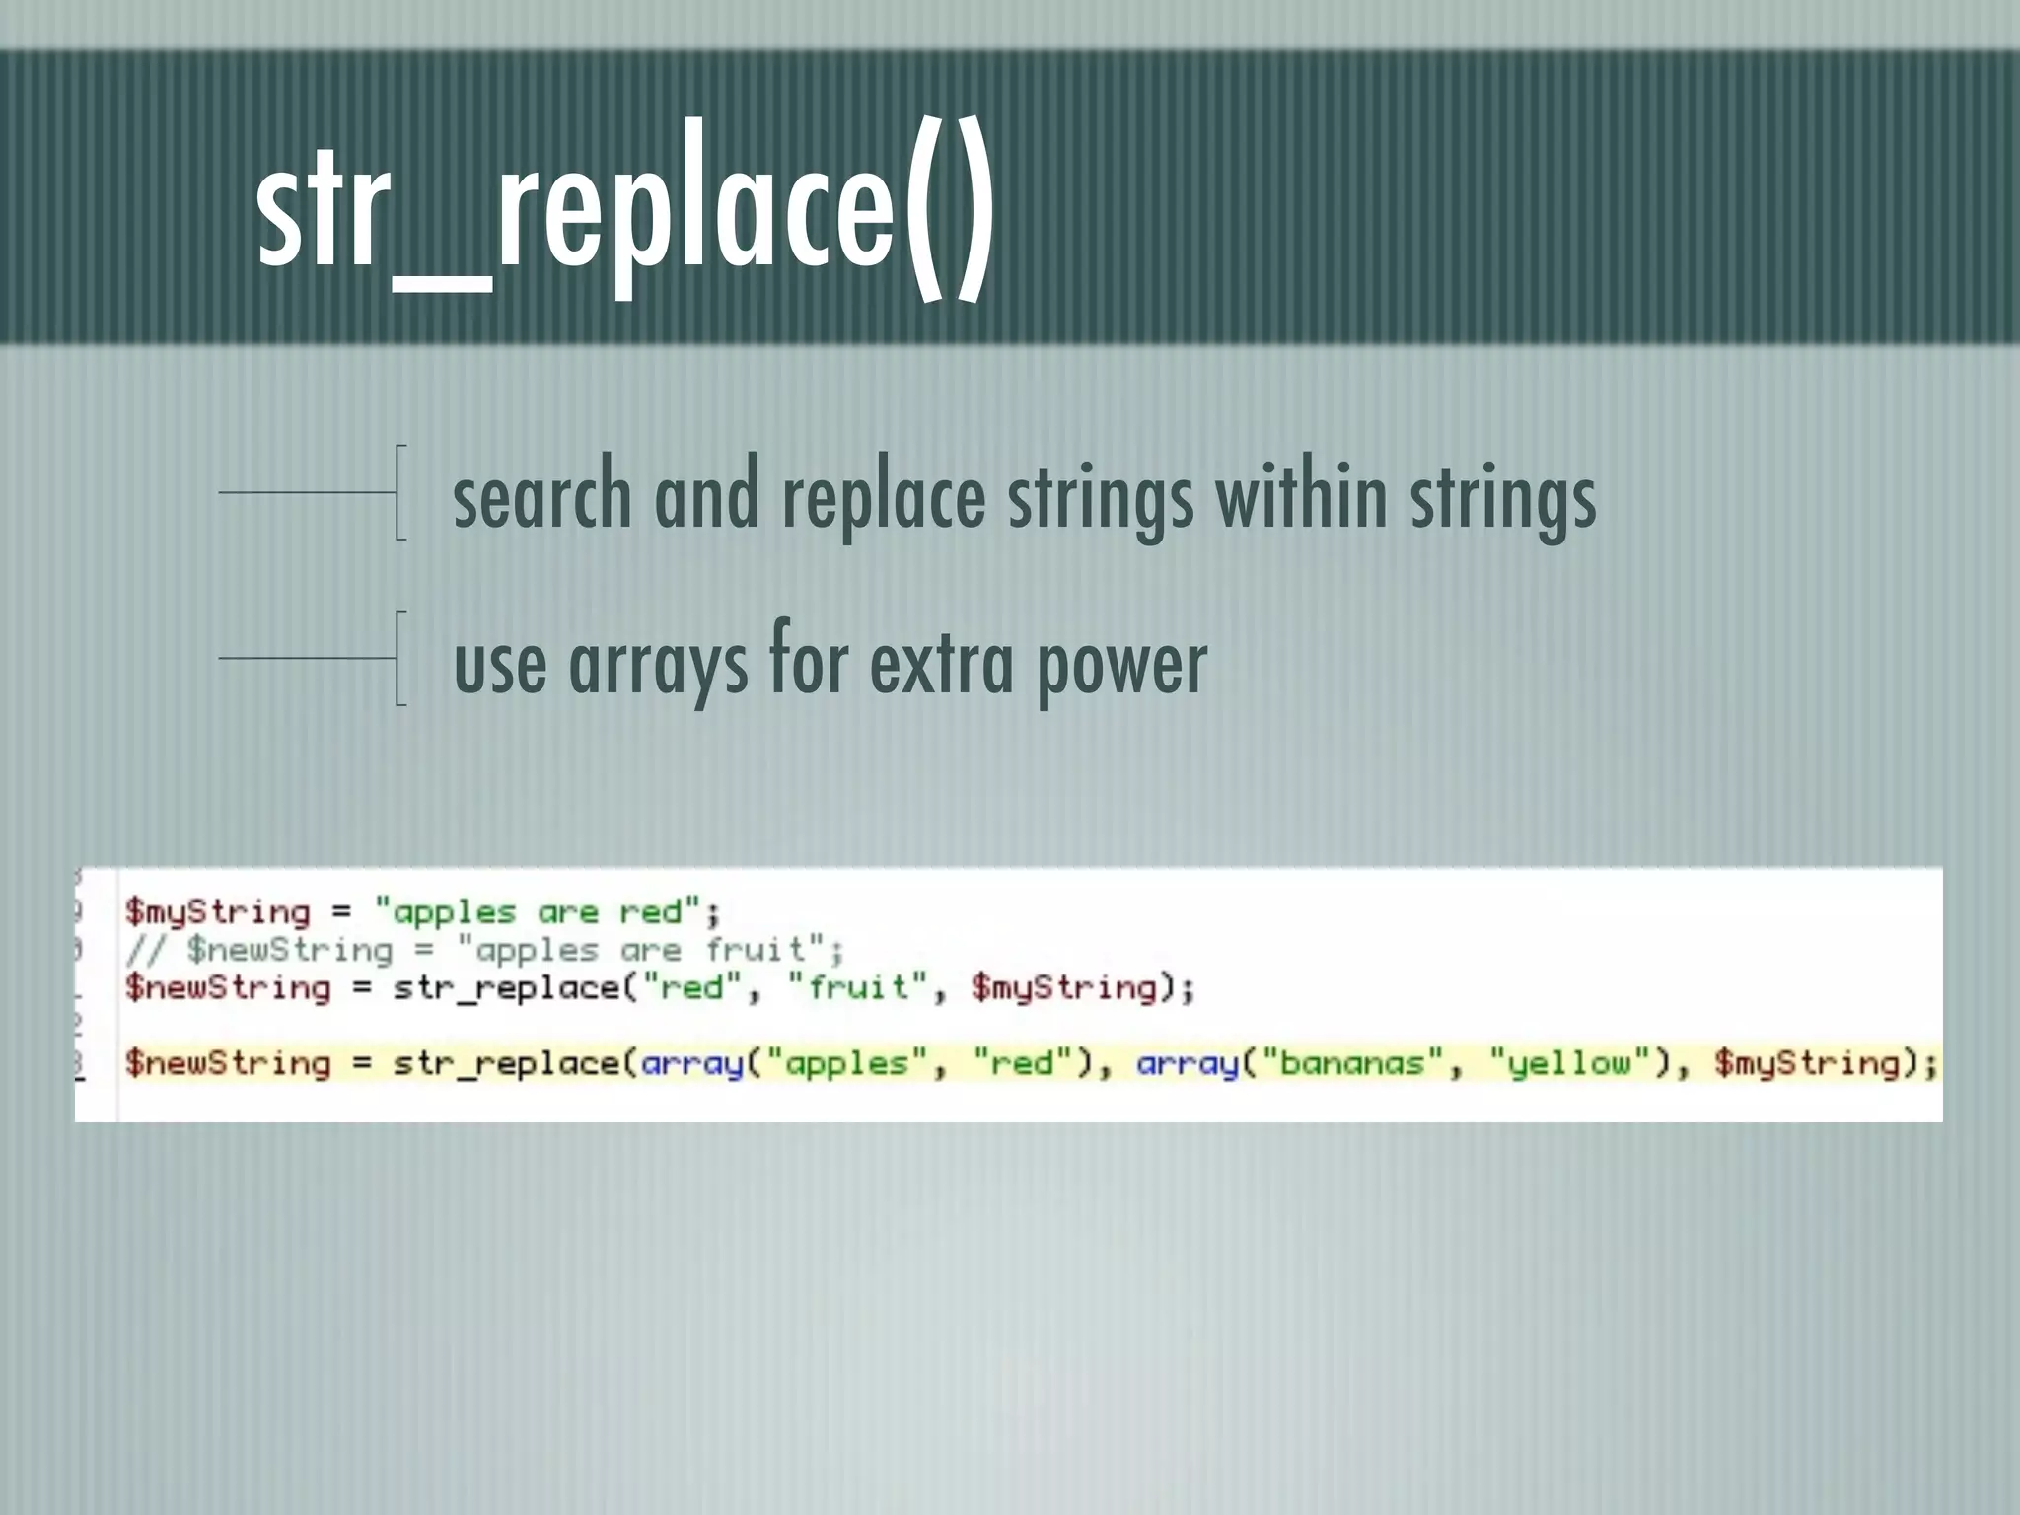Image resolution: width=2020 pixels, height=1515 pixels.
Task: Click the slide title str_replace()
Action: (623, 207)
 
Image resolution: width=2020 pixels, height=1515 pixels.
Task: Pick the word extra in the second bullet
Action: (941, 663)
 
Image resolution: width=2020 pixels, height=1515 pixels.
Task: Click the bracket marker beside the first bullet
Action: (398, 492)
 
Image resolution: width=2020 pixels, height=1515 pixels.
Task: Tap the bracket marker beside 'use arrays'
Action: (398, 658)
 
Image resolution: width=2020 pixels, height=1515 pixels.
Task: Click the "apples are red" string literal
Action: (537, 911)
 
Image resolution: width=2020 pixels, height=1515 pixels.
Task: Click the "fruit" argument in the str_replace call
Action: (856, 987)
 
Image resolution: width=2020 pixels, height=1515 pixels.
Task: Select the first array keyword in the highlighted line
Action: (690, 1063)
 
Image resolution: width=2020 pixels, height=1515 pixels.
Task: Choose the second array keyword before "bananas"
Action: (1187, 1063)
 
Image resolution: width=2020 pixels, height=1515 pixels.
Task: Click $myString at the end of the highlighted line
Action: (1807, 1063)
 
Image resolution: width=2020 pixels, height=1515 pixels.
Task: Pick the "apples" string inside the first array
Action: (845, 1063)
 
